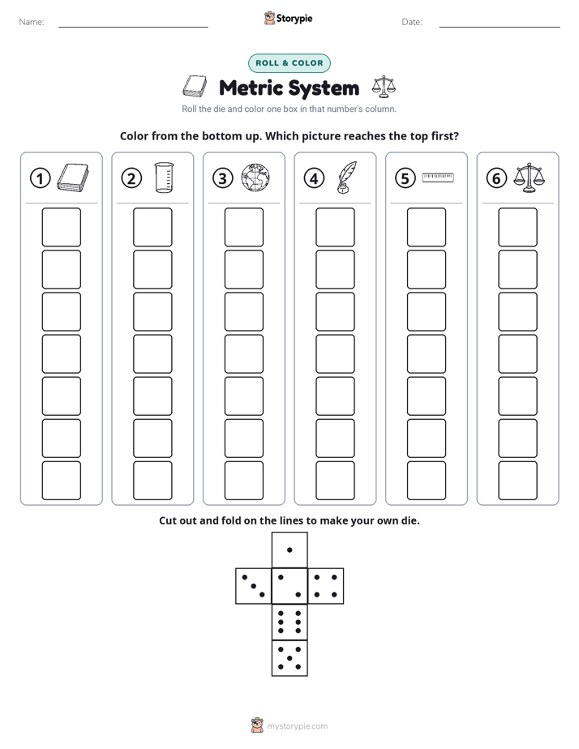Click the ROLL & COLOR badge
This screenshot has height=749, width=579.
pos(289,63)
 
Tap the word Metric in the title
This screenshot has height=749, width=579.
pos(251,88)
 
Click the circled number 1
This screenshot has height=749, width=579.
pos(40,178)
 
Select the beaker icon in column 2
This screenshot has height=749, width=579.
pos(164,178)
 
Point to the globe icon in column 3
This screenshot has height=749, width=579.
pos(255,178)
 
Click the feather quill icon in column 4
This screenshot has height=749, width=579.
pos(346,178)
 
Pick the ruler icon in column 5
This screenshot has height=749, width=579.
pos(438,178)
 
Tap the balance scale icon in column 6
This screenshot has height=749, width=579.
pos(529,178)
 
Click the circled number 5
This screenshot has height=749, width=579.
pos(405,178)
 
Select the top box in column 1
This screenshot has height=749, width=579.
pos(61,227)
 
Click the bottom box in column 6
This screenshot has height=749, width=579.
pos(517,481)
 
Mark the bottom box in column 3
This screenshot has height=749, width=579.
pos(243,481)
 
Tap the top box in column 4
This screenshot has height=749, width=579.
pos(335,227)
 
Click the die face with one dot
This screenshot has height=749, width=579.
pos(289,550)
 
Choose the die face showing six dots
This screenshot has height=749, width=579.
pos(289,622)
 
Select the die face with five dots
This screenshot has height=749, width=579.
pos(289,657)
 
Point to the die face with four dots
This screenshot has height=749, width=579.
pos(326,586)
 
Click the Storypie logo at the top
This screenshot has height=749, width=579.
pos(288,18)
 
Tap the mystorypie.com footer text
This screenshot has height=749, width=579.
pos(297,726)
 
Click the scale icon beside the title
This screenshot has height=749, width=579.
pos(384,87)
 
